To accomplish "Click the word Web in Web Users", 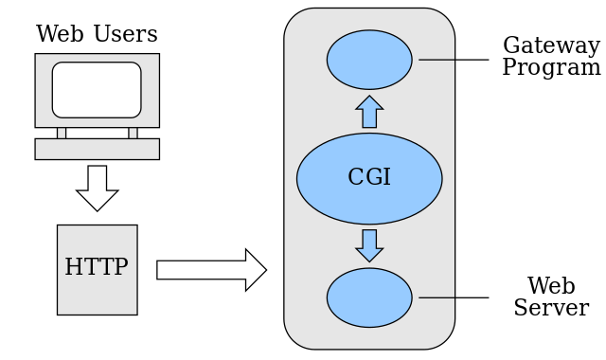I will point(62,35).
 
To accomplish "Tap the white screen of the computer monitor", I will point(97,90).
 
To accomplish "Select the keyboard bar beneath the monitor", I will point(97,149).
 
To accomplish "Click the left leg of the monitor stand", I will point(62,133).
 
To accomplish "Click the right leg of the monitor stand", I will point(133,133).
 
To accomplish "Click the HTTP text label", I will point(97,267).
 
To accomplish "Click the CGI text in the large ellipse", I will point(369,177).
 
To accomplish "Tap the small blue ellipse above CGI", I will point(369,60).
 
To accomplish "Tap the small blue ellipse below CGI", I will point(369,297).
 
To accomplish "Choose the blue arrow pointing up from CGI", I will point(369,112).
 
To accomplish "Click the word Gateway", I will point(551,46).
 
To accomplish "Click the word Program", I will point(551,68).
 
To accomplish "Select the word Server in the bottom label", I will point(551,309).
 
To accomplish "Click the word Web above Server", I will point(551,287).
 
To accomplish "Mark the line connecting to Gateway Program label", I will point(454,60).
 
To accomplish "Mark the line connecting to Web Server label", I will point(454,297).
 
